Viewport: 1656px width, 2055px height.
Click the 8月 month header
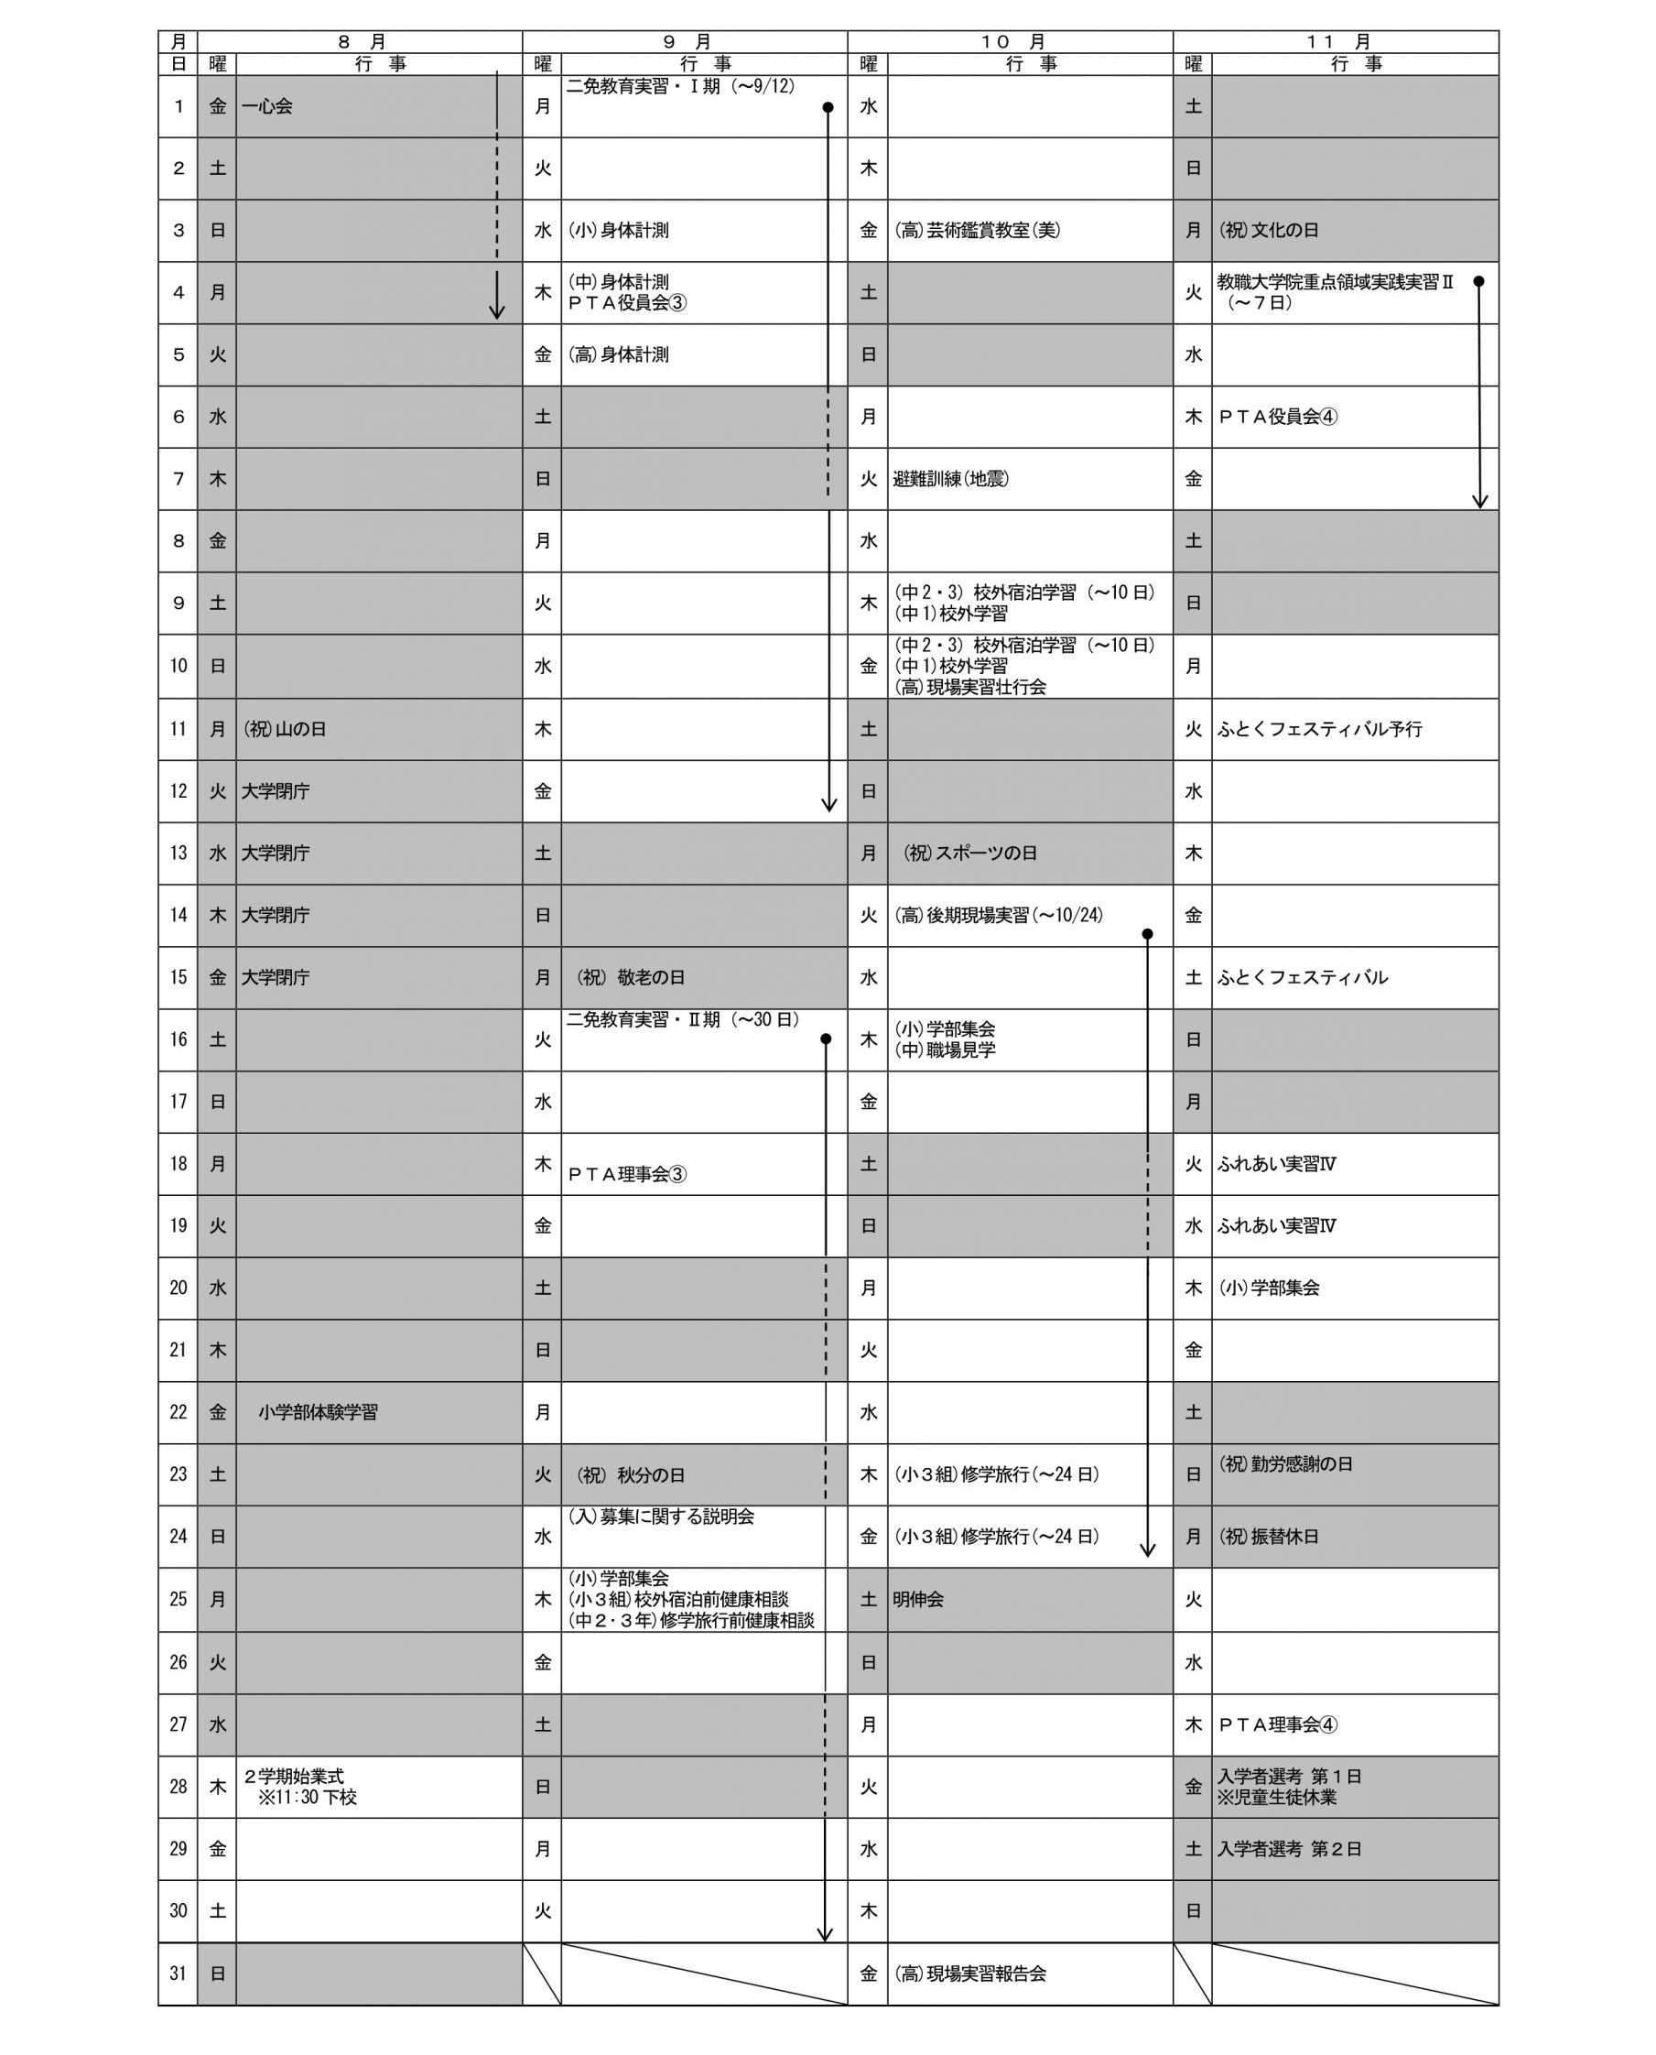click(361, 42)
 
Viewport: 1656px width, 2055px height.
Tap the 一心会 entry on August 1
click(267, 107)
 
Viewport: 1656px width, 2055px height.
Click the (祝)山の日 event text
click(285, 729)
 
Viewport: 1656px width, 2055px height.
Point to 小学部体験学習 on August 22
click(318, 1412)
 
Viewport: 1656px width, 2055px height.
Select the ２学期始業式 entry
click(294, 1777)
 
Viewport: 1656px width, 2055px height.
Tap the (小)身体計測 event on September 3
click(618, 231)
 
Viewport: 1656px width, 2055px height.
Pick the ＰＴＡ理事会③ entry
click(627, 1174)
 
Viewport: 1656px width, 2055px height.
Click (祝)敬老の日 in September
click(631, 978)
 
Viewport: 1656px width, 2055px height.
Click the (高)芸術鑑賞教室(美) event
click(977, 231)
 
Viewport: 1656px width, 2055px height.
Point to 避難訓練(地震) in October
click(950, 479)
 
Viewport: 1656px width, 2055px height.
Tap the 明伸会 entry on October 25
click(918, 1599)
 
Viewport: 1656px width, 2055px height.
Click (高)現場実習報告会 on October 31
click(969, 1973)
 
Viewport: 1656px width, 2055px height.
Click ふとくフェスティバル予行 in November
click(1319, 729)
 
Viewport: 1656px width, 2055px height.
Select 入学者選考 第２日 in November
click(1289, 1849)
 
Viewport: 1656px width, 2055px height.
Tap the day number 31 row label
click(179, 1973)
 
